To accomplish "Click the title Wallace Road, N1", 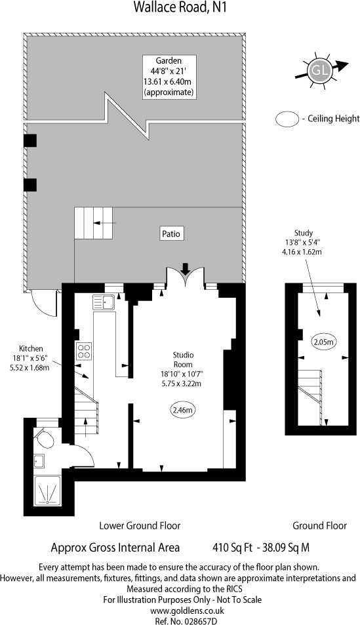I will click(180, 9).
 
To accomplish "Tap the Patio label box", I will click(172, 233).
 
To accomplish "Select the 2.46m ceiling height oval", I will click(183, 411).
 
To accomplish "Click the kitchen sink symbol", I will click(104, 302).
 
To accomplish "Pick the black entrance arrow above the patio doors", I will click(186, 268).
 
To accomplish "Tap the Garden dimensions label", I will click(169, 77).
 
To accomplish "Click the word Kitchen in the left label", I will click(31, 348).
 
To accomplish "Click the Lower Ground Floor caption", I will click(140, 525).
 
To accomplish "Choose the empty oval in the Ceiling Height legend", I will click(287, 119).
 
